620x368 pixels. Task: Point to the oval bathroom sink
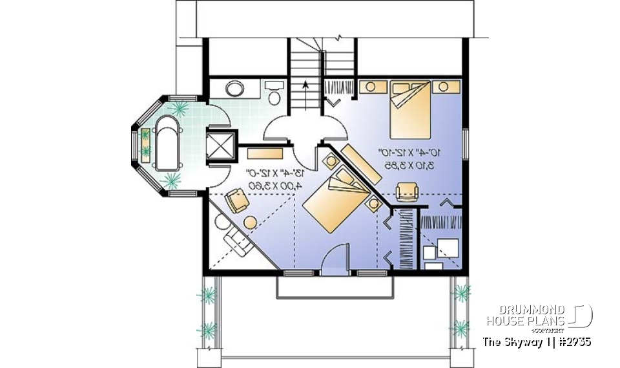234,89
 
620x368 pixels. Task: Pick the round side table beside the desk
249,222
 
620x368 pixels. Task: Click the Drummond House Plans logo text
526,315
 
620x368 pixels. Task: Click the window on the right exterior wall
464,142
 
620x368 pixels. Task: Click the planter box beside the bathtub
146,144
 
